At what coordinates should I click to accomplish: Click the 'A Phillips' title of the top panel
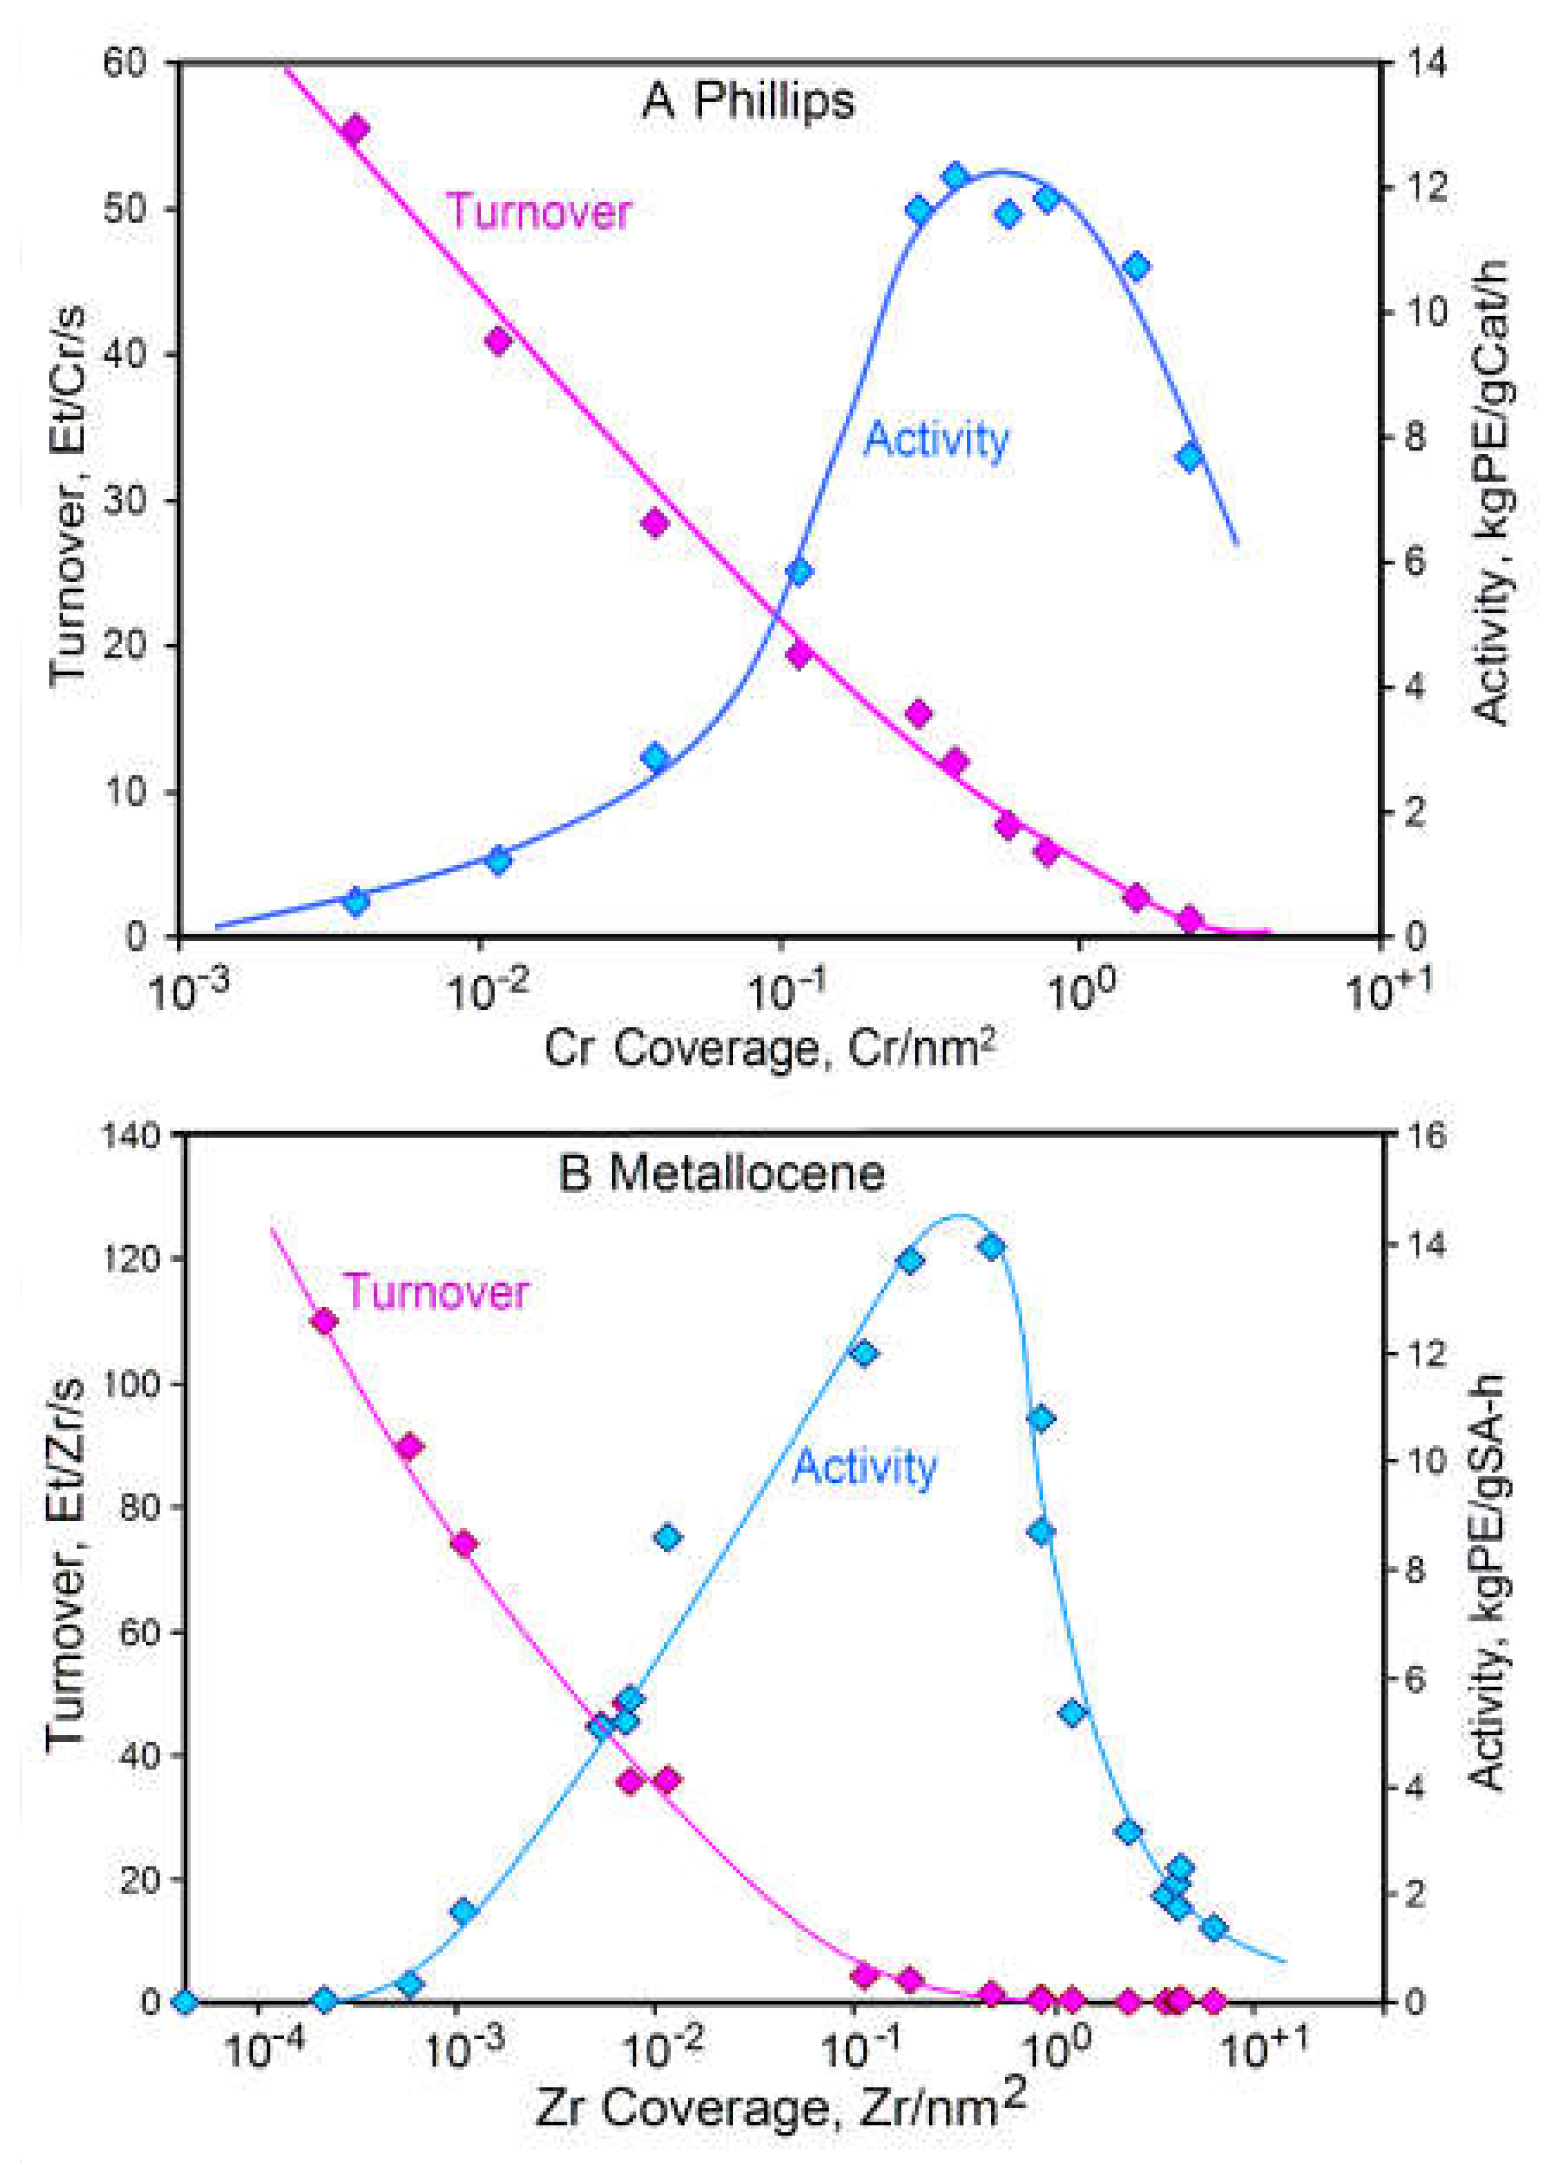click(x=748, y=100)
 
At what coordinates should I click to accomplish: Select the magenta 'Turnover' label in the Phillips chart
click(x=539, y=211)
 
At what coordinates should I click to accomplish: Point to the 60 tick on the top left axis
click(x=124, y=63)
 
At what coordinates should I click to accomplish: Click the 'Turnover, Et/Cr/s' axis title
click(x=66, y=496)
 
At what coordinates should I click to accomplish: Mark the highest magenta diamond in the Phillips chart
click(x=355, y=129)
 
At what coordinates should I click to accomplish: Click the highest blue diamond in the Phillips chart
click(x=956, y=177)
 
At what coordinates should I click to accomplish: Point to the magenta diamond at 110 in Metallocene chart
click(x=325, y=1321)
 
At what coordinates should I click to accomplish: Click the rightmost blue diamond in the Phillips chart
click(x=1189, y=458)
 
